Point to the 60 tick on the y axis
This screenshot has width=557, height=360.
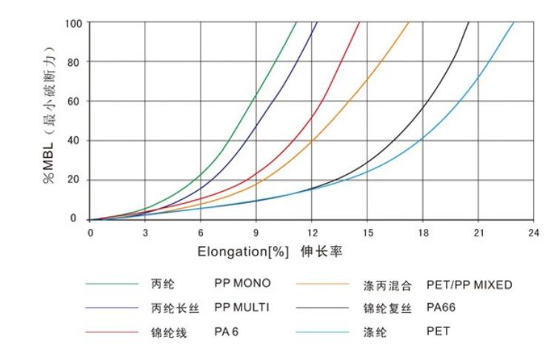point(75,101)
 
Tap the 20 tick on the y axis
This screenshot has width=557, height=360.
point(75,180)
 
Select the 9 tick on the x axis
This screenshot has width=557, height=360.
point(256,232)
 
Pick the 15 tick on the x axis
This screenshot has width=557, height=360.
point(367,232)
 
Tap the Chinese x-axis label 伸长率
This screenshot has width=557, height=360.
point(321,252)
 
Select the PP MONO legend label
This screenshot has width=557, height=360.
point(242,284)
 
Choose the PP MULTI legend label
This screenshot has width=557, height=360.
point(243,307)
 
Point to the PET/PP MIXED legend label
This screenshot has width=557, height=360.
point(469,284)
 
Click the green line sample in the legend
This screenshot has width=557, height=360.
point(112,284)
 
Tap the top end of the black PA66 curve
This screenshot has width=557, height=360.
point(469,23)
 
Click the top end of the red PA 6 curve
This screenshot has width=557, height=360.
point(360,23)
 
